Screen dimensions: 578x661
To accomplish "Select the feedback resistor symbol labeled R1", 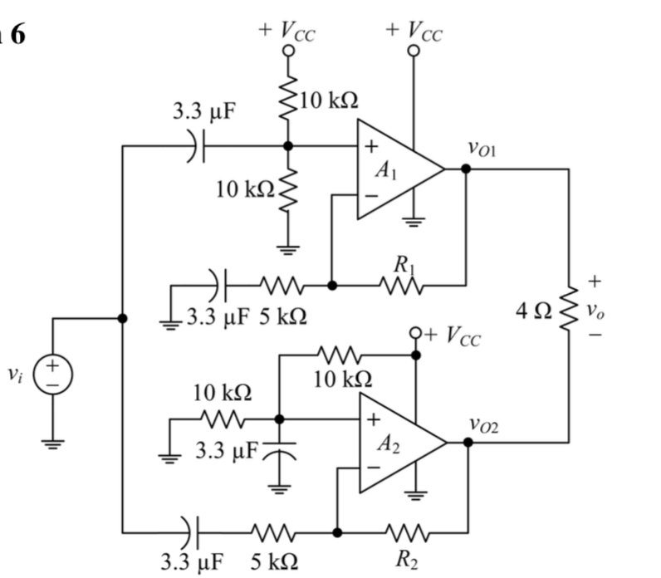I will point(403,285).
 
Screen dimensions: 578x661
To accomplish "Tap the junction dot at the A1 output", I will point(466,169).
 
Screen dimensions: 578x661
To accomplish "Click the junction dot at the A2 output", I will point(468,442).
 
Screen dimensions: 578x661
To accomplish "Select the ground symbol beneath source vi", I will point(54,442).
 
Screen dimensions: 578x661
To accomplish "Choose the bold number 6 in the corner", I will point(17,36).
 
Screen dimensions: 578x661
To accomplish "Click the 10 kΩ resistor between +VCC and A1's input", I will point(288,100).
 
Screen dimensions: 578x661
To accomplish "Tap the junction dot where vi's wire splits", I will point(122,318).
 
